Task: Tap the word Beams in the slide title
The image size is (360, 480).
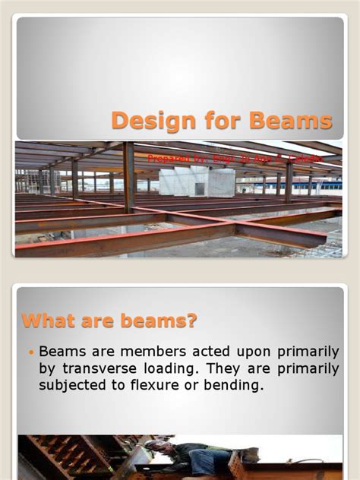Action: [295, 120]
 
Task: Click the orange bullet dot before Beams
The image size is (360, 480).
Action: [31, 352]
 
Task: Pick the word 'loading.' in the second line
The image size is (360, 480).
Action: [189, 368]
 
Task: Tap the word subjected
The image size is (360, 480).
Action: [74, 385]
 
